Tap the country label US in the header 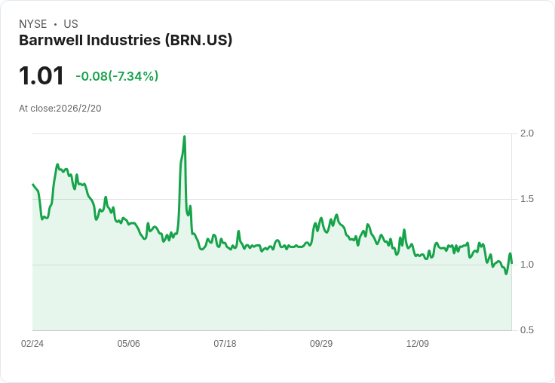71,24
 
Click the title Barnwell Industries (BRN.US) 125,41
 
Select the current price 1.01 41,76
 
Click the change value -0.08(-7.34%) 117,76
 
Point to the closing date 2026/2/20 78,109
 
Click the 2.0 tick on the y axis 527,133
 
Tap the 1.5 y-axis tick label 527,199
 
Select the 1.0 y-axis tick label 527,265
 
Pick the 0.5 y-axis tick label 527,330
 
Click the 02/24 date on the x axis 32,344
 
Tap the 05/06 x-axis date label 128,344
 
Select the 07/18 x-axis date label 225,344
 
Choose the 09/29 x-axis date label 321,344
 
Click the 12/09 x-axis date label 418,344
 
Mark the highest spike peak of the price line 184,137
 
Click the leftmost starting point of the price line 33,184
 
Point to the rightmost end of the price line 511,262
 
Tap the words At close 36,109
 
